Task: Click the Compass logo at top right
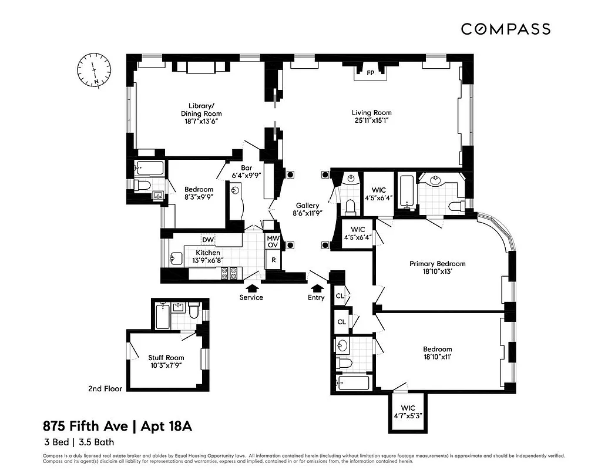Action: pyautogui.click(x=505, y=29)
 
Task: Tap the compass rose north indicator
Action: pyautogui.click(x=94, y=69)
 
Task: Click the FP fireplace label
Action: pyautogui.click(x=370, y=73)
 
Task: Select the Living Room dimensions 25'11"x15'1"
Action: pyautogui.click(x=371, y=120)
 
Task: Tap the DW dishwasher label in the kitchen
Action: pyautogui.click(x=207, y=240)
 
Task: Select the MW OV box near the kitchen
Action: pyautogui.click(x=273, y=241)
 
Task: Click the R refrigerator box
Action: pyautogui.click(x=273, y=259)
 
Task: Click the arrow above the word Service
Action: pyautogui.click(x=252, y=287)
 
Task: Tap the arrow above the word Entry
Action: pyautogui.click(x=317, y=287)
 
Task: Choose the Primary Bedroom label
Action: pyautogui.click(x=437, y=264)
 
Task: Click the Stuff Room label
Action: pyautogui.click(x=166, y=357)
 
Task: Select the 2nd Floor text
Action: pyautogui.click(x=105, y=388)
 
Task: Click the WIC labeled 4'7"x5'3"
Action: pyautogui.click(x=408, y=411)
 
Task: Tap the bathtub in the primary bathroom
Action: pyautogui.click(x=406, y=191)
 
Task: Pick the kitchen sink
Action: pyautogui.click(x=175, y=257)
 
